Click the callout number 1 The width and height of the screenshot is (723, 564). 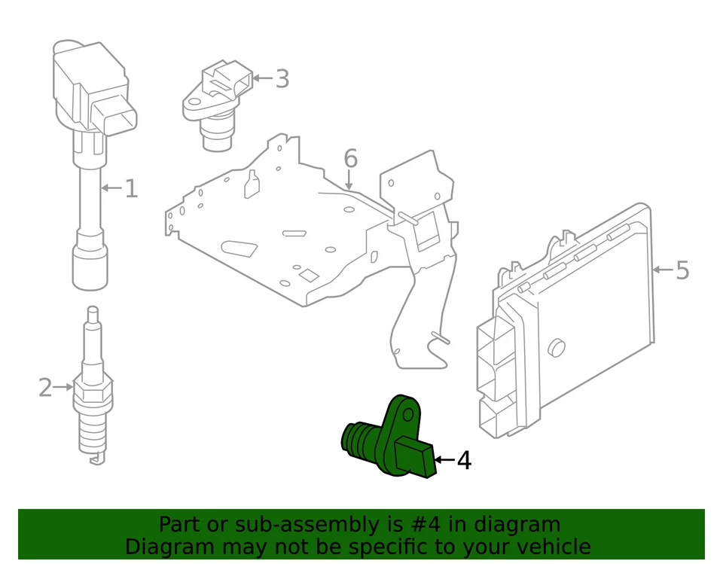131,188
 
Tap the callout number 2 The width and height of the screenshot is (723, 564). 45,388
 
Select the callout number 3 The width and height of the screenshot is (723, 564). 282,78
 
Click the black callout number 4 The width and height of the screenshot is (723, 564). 464,459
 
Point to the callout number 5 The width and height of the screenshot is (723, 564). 682,270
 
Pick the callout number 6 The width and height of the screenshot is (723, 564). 350,159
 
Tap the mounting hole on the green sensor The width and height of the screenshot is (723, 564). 408,413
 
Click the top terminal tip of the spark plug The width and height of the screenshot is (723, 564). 93,312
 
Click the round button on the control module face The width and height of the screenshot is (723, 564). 557,346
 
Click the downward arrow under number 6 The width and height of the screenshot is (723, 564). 349,181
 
